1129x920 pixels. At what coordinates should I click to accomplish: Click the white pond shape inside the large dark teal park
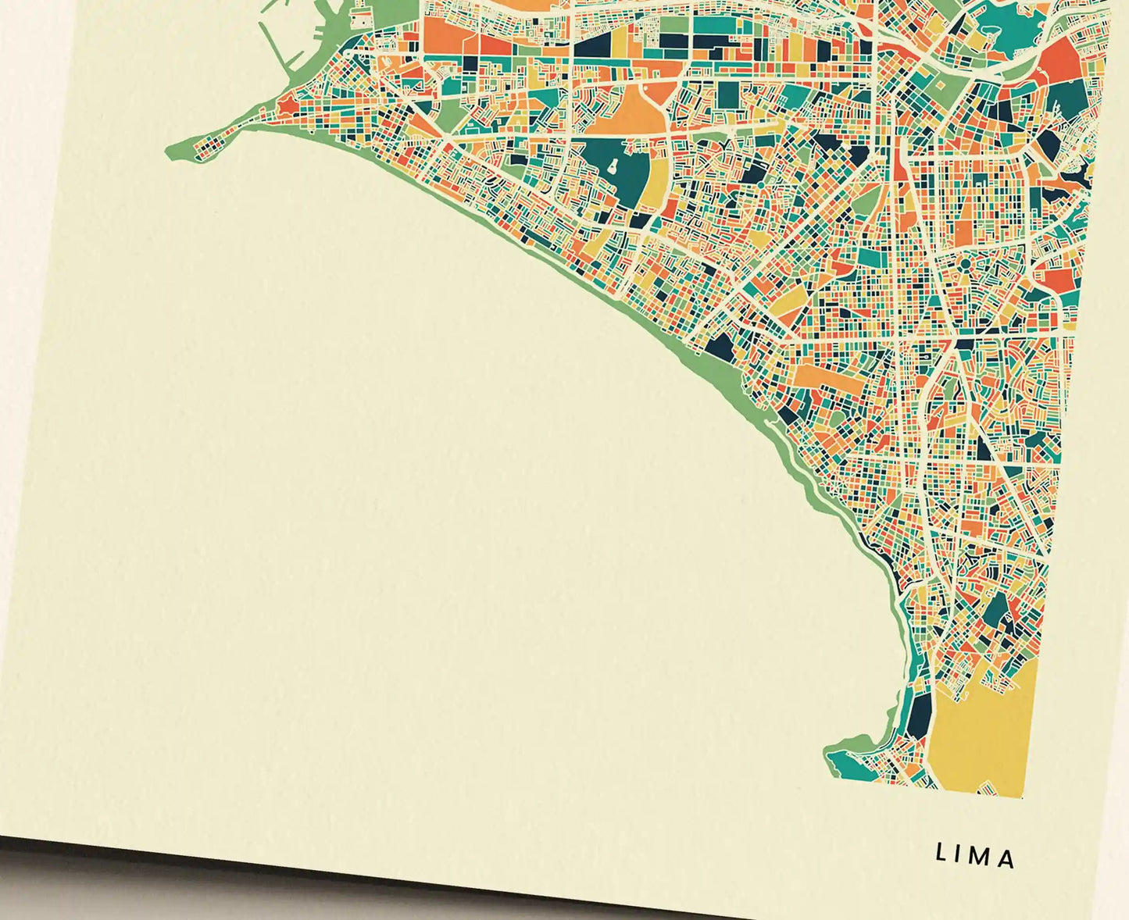click(x=613, y=166)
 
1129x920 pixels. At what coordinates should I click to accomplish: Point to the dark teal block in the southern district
click(x=996, y=609)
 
